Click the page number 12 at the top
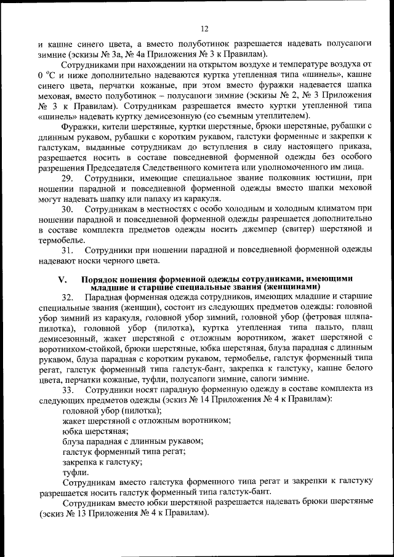204,28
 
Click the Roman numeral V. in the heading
62,279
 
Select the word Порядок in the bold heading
103,279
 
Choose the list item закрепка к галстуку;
102,461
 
